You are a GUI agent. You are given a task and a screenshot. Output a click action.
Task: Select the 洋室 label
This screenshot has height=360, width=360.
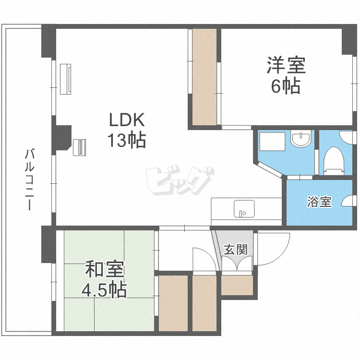tap(286, 65)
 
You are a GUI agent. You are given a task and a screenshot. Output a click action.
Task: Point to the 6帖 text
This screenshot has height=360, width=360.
tap(286, 86)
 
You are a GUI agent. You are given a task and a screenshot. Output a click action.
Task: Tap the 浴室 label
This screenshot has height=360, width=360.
tap(319, 202)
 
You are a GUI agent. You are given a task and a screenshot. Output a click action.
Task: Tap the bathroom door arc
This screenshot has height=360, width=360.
tap(348, 201)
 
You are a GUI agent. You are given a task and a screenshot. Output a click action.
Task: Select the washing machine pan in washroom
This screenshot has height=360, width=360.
tap(272, 143)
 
